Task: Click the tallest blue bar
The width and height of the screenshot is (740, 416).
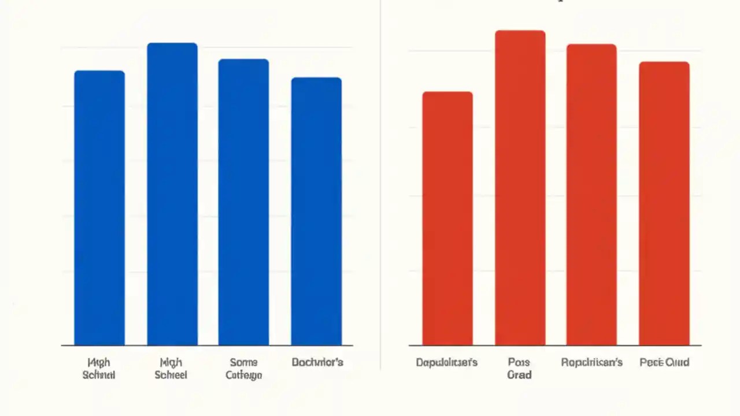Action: [172, 194]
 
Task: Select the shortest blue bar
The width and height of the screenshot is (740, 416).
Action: [316, 211]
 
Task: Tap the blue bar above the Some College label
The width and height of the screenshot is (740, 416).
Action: [243, 202]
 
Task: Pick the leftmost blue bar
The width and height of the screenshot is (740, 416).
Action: [99, 208]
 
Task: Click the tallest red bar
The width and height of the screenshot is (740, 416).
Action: [520, 188]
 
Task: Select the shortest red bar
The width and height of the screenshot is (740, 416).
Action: [447, 218]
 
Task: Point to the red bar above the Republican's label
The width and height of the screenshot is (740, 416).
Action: [591, 195]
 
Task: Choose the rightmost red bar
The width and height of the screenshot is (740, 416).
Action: [664, 203]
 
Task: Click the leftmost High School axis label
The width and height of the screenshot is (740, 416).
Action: [99, 369]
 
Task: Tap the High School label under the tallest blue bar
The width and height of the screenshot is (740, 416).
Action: [171, 369]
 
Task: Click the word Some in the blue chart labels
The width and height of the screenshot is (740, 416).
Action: [243, 362]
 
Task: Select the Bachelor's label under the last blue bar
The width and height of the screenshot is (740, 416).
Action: [317, 362]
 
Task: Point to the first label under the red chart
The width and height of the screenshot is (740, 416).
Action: [447, 363]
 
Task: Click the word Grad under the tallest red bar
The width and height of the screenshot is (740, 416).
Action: [519, 375]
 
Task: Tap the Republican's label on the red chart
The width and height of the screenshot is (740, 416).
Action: [591, 363]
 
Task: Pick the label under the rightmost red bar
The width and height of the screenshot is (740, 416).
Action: [664, 363]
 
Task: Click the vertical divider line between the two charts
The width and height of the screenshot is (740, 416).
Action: [380, 185]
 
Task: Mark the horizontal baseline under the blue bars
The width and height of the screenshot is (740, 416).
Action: [207, 346]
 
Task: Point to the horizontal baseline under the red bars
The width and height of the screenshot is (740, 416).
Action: [555, 346]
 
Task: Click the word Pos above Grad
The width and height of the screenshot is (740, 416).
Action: [519, 362]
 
